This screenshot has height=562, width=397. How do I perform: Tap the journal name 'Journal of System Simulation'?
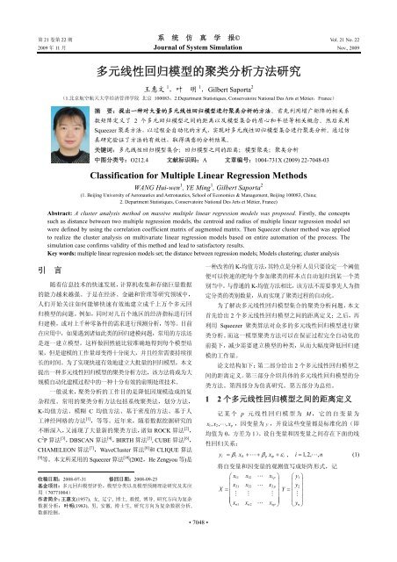click(x=198, y=24)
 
